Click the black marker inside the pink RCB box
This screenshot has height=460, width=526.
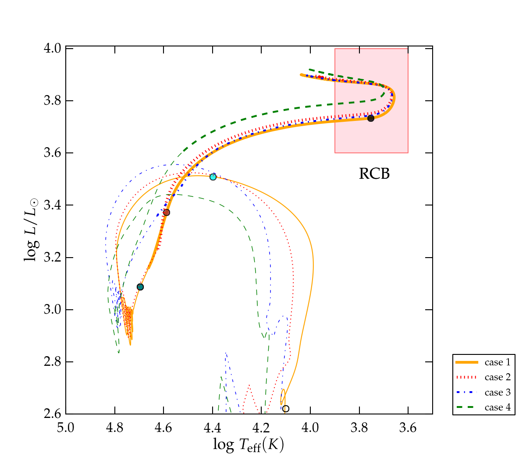click(371, 118)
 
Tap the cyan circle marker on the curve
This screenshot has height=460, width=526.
click(213, 177)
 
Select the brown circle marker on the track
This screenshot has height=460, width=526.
click(167, 212)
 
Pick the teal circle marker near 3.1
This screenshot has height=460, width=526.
click(140, 287)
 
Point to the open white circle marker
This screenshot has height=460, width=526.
click(286, 409)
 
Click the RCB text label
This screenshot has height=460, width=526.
click(374, 174)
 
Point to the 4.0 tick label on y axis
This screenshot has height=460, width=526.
click(52, 48)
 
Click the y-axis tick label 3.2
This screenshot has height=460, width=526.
click(52, 258)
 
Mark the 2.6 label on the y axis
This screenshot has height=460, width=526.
click(52, 414)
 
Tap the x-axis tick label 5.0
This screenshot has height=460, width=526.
click(66, 427)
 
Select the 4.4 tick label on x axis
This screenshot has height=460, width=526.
click(213, 427)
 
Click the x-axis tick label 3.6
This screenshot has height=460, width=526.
click(408, 427)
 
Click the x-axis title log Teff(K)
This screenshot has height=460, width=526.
click(249, 445)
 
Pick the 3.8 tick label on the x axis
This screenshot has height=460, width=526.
click(359, 427)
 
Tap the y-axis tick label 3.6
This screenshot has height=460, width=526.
click(52, 153)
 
